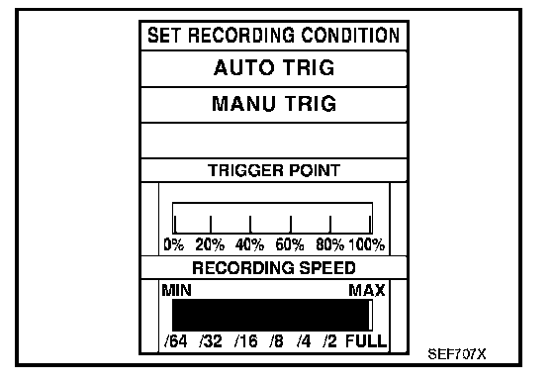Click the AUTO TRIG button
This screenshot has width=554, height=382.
[274, 68]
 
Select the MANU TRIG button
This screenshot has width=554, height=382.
[274, 105]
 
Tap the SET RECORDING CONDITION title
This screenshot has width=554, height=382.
[274, 36]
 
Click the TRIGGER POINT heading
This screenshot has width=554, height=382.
[274, 170]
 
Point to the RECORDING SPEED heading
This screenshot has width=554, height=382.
[274, 267]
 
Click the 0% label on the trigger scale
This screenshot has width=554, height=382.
[174, 244]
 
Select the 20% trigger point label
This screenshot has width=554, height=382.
[210, 244]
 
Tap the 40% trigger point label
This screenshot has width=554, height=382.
[249, 244]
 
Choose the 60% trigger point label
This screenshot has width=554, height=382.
[290, 244]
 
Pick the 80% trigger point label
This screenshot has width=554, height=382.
[330, 244]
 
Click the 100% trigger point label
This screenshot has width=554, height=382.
[367, 244]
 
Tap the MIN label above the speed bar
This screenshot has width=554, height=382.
[177, 291]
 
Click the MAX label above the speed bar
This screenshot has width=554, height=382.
[367, 291]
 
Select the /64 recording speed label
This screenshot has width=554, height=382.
[176, 341]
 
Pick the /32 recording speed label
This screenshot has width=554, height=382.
[211, 341]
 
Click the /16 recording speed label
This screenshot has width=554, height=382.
[246, 341]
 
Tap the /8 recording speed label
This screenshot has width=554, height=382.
[276, 341]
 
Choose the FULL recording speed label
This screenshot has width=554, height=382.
[366, 341]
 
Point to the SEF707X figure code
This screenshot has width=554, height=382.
[457, 353]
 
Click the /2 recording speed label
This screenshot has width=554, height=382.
[329, 341]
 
